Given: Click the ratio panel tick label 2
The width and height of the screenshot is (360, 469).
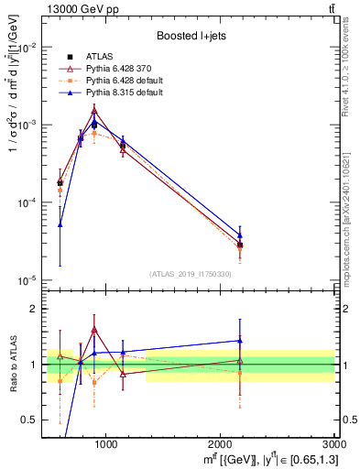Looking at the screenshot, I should click(33, 310).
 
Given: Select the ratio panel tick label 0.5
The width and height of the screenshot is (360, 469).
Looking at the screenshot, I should click(29, 420).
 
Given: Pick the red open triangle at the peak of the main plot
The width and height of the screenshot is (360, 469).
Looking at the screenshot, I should click(94, 110).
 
